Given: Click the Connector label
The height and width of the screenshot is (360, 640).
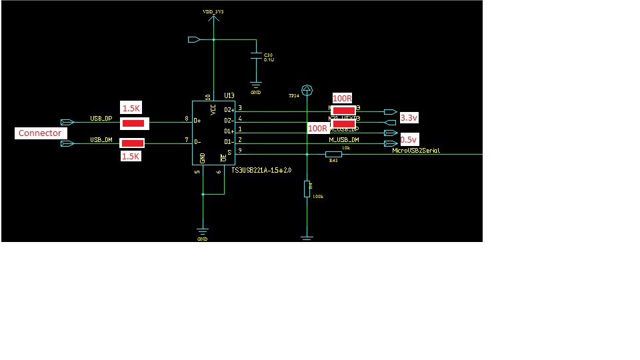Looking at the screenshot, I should tap(40, 133).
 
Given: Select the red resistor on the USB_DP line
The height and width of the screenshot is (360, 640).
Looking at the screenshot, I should tap(134, 123).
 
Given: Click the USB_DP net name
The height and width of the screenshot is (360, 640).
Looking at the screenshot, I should tap(101, 119).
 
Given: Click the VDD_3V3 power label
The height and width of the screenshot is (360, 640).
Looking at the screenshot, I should tap(213, 12).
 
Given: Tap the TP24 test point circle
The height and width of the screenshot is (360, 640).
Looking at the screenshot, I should tap(307, 89).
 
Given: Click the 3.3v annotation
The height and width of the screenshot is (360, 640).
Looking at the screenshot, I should tap(408, 117).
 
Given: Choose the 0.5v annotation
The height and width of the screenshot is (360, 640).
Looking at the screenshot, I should tap(408, 140).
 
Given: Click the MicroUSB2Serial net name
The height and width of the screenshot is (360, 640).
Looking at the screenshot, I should tap(416, 151).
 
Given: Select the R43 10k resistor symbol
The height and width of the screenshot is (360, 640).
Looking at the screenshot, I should tap(333, 155).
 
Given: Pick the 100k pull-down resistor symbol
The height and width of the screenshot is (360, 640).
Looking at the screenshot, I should tap(307, 189).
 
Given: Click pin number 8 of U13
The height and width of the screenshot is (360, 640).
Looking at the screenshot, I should tap(186, 119).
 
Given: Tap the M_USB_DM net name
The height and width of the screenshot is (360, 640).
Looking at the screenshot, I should tap(344, 139).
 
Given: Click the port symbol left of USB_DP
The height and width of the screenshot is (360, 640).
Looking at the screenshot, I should tap(67, 122).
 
